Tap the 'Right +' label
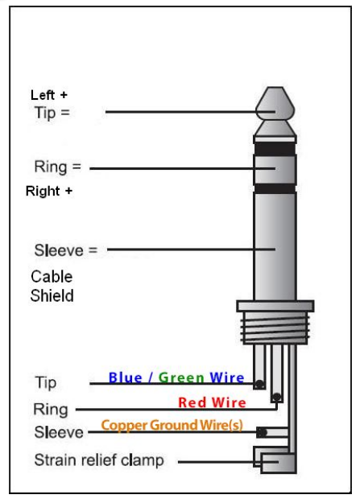[x=49, y=192]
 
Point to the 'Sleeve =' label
[x=65, y=249]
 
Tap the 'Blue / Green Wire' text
[x=177, y=377]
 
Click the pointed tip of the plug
[x=275, y=101]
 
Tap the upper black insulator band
[x=275, y=149]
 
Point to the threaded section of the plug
[x=275, y=330]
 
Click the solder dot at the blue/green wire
[x=259, y=385]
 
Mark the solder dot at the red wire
[x=276, y=397]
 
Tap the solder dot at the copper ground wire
[x=262, y=432]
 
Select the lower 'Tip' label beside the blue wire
[x=46, y=382]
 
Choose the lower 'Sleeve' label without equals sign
[x=58, y=434]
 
